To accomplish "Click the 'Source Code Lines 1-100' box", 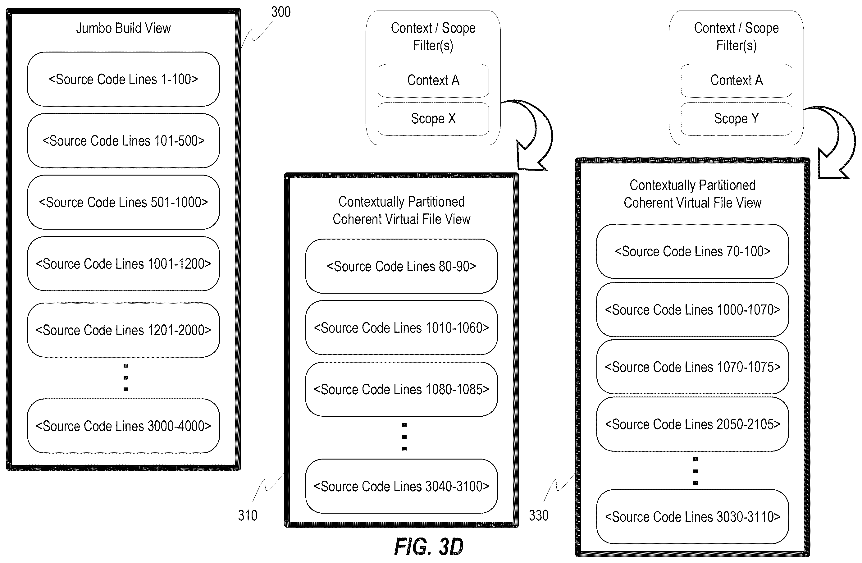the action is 123,79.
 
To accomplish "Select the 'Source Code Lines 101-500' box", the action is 123,140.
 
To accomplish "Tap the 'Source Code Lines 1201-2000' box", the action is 123,330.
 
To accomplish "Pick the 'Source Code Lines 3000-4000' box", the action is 123,426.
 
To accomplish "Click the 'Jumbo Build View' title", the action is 123,28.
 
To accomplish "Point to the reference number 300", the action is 281,12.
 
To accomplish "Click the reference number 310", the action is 247,515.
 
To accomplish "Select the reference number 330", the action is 539,515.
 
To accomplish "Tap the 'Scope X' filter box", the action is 433,119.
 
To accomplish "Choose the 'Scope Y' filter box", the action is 736,119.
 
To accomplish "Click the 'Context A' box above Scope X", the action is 433,80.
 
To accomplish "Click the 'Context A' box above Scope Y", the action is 736,80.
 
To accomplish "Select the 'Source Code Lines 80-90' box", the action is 401,266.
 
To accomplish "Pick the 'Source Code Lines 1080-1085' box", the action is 401,389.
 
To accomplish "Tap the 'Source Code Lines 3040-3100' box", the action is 401,486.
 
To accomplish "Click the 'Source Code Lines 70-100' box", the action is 692,251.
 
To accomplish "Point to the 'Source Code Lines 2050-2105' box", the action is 692,424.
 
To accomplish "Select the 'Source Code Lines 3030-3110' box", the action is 692,517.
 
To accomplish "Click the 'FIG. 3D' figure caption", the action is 429,547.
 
